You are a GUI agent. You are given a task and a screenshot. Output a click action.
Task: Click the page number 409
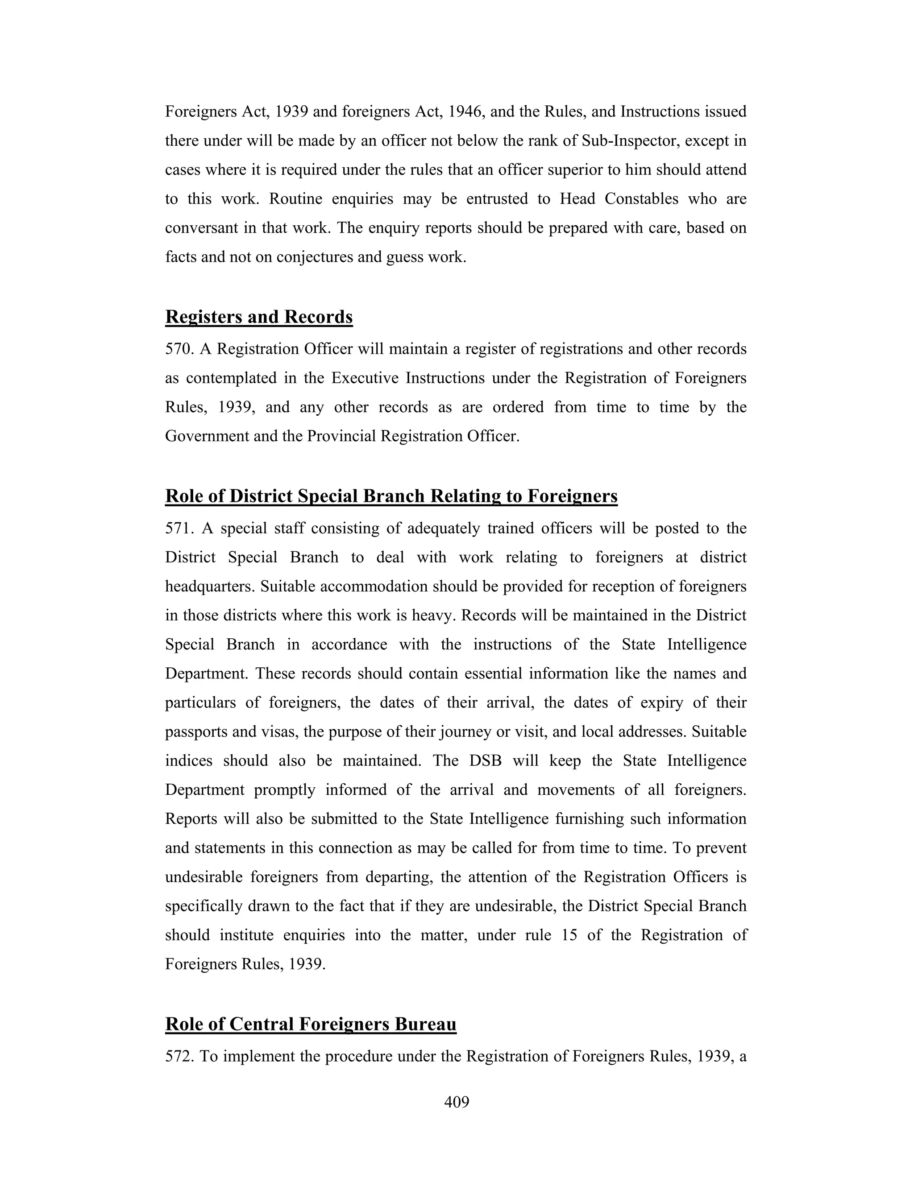(x=457, y=1101)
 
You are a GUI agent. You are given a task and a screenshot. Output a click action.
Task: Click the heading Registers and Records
(x=259, y=317)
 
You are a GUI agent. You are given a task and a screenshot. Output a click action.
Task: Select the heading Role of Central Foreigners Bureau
(x=311, y=1024)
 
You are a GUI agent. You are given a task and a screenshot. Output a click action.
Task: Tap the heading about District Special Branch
(x=391, y=496)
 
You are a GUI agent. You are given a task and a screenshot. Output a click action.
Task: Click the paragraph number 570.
(x=179, y=349)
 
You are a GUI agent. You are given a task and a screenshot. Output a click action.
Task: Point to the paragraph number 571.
(x=179, y=528)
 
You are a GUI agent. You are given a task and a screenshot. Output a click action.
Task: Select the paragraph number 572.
(x=179, y=1056)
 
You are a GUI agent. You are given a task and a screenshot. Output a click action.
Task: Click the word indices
(x=189, y=760)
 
